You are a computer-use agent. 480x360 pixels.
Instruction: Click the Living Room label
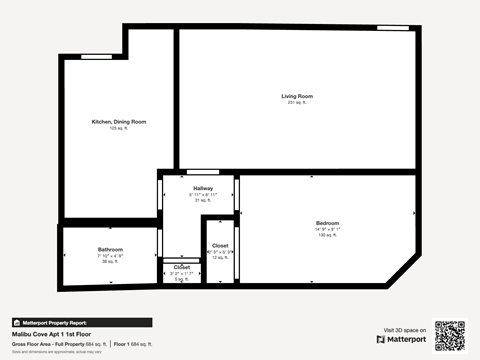pyautogui.click(x=297, y=96)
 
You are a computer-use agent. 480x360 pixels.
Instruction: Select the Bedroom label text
pyautogui.click(x=328, y=223)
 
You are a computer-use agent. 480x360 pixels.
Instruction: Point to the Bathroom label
pyautogui.click(x=110, y=249)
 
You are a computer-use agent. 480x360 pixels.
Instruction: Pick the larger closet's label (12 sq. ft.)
pyautogui.click(x=219, y=246)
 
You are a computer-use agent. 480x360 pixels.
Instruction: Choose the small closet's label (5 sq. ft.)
pyautogui.click(x=182, y=268)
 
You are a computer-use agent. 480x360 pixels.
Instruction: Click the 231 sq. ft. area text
pyautogui.click(x=297, y=103)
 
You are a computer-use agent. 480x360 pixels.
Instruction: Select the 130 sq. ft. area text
pyautogui.click(x=328, y=236)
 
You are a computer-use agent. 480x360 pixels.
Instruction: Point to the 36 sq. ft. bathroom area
pyautogui.click(x=110, y=262)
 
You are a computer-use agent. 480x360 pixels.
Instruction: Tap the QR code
pyautogui.click(x=450, y=335)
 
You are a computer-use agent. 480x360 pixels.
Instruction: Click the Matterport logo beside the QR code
pyautogui.click(x=401, y=340)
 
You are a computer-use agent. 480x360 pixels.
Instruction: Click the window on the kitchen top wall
pyautogui.click(x=96, y=56)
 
